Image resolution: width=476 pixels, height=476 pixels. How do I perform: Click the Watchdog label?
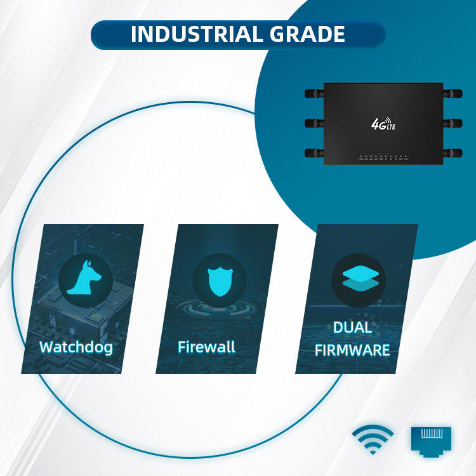[x=76, y=347]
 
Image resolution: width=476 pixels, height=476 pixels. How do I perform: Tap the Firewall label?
[x=206, y=347]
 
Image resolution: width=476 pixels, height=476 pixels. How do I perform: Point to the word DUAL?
[x=353, y=328]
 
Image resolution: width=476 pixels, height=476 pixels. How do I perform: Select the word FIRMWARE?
[x=353, y=350]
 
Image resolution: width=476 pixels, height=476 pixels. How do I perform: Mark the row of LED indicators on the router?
[x=385, y=157]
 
